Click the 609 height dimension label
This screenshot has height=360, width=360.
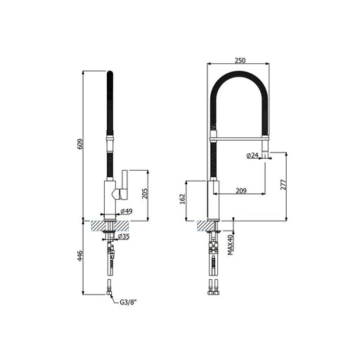80,144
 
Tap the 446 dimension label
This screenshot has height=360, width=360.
80,256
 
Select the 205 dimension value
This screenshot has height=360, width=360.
146,193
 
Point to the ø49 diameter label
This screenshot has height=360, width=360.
127,211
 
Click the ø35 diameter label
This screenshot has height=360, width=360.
124,236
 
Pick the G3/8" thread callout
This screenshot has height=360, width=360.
128,302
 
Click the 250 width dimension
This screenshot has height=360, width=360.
240,60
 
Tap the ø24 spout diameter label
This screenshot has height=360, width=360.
252,155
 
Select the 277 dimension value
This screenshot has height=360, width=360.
283,185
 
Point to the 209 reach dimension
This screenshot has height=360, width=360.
241,191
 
